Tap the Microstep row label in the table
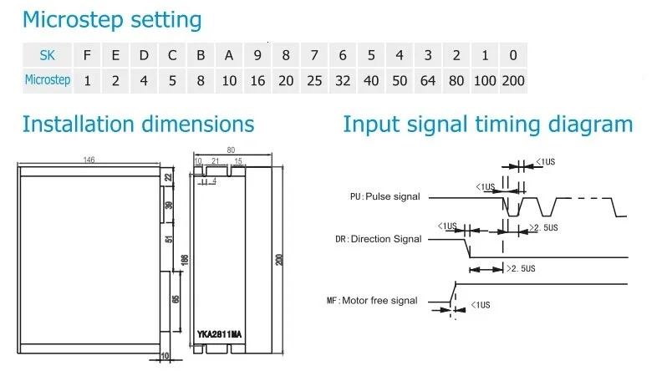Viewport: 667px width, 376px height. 48,81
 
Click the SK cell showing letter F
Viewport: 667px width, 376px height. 87,56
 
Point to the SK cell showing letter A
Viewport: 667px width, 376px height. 229,56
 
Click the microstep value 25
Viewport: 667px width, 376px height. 314,81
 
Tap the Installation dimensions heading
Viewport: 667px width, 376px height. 138,124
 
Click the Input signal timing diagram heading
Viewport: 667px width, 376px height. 488,124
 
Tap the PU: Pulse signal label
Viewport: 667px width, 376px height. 384,197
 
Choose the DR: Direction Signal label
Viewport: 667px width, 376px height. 379,239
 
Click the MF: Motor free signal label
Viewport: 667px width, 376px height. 372,301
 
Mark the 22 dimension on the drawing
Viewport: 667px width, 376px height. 168,177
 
